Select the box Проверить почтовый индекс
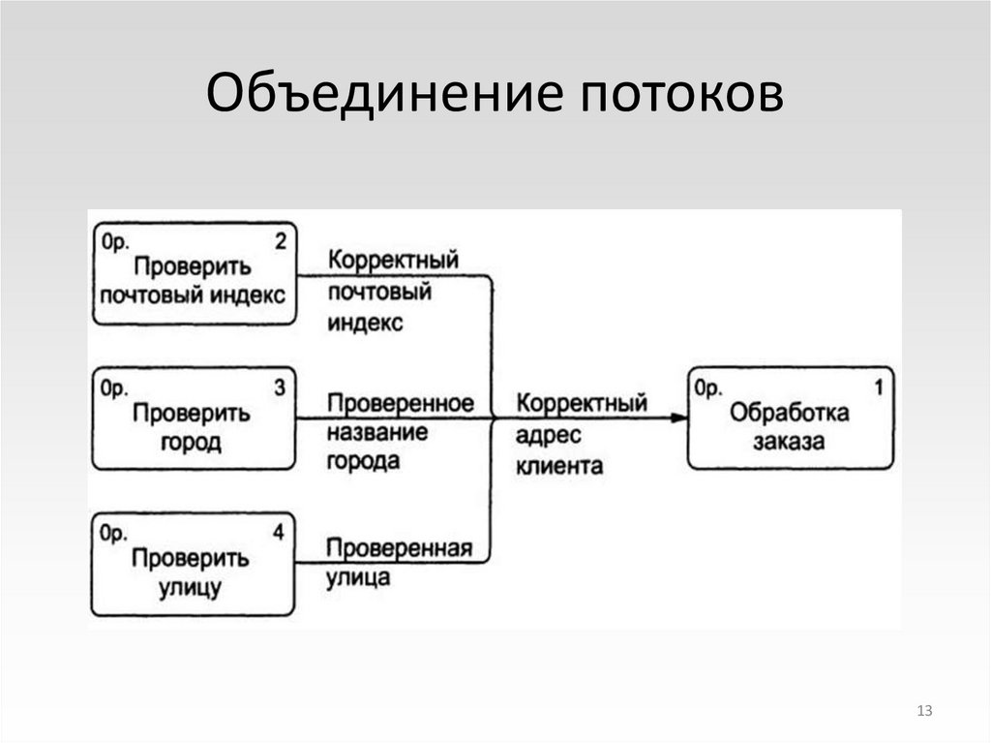click(194, 274)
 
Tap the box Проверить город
click(194, 418)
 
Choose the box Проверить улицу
click(194, 566)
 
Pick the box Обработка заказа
click(791, 418)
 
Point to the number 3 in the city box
click(280, 387)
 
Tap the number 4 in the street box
click(280, 533)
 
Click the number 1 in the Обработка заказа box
click(878, 387)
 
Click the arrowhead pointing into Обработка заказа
click(678, 418)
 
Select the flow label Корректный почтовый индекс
click(392, 292)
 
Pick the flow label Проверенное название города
click(399, 431)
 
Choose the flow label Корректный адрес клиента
click(581, 433)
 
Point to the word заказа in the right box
click(791, 444)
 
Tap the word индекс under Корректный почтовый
click(365, 324)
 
